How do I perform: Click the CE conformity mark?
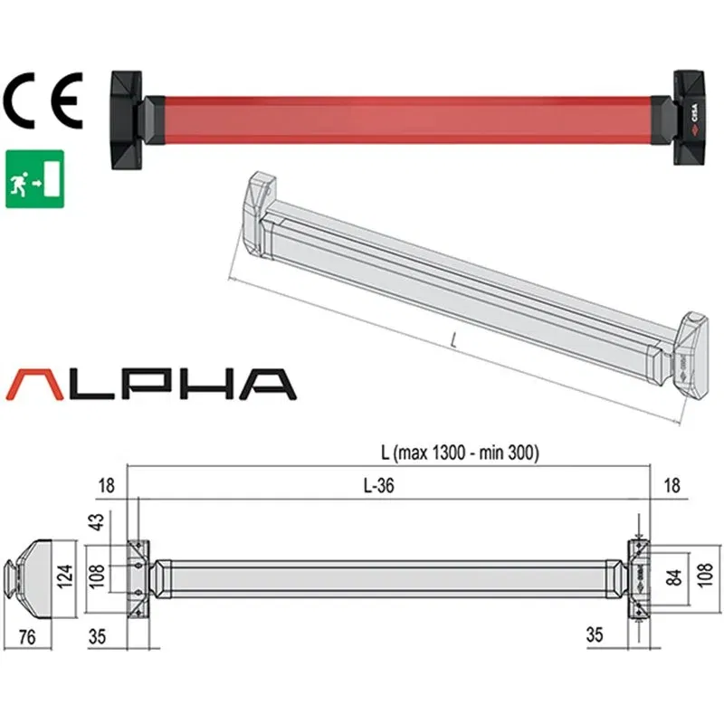(43, 101)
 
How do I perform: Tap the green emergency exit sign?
(34, 177)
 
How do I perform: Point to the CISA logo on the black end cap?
(692, 118)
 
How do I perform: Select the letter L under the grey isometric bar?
(452, 342)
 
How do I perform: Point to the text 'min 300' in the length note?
(514, 454)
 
